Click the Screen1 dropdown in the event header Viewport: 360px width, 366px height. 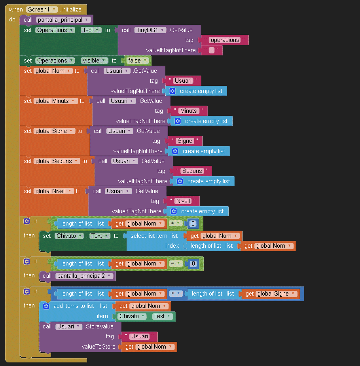coord(42,9)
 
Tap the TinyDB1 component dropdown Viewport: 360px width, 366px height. coord(150,30)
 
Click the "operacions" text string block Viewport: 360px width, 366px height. coord(225,40)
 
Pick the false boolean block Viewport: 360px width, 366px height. coord(137,61)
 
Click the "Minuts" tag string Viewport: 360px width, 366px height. coord(188,111)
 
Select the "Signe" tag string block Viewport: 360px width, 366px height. coord(185,141)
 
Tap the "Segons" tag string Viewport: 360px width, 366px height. coord(192,171)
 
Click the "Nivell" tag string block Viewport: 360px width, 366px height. coord(183,201)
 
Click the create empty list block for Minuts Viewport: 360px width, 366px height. coord(202,121)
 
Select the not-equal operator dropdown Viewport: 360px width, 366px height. coord(176,224)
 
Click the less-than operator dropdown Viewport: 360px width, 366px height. coord(175,294)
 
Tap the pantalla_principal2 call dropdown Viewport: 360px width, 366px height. coord(84,276)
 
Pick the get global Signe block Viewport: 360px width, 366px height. coord(271,294)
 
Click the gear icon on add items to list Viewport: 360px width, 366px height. coord(46,306)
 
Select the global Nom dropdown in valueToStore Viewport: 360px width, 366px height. coord(154,347)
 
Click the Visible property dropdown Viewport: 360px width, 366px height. coord(94,61)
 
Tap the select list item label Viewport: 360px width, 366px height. coord(149,236)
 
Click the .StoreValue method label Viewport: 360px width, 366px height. coord(99,326)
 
